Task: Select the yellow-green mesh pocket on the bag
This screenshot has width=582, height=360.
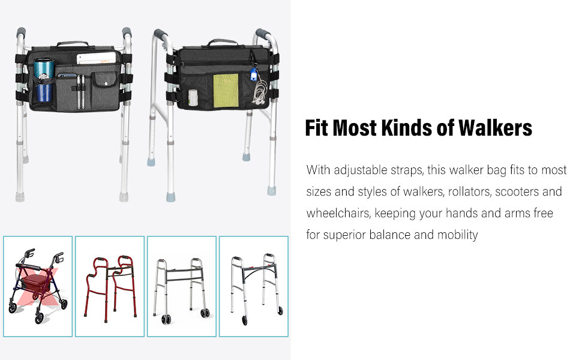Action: tap(226, 91)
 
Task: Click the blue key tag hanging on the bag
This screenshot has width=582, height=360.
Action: tap(254, 74)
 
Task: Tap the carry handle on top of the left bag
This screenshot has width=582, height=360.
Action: tap(73, 44)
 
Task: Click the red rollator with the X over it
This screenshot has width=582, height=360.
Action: tap(37, 286)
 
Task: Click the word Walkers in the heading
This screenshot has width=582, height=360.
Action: tap(495, 128)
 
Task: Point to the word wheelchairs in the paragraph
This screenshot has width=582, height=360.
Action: tap(338, 213)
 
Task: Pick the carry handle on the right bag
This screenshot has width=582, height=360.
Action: tap(223, 42)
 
